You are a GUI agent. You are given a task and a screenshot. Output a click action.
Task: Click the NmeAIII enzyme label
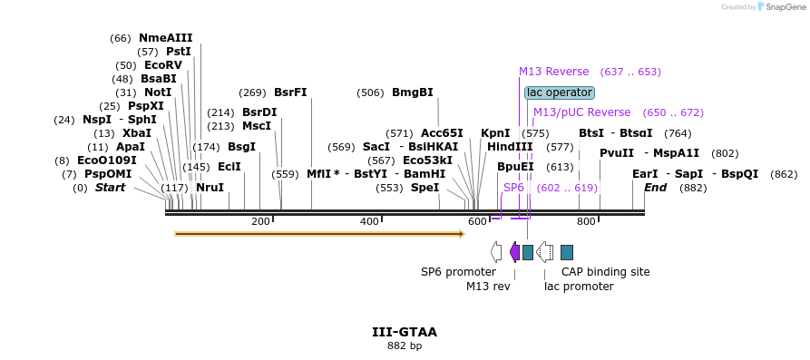click(165, 38)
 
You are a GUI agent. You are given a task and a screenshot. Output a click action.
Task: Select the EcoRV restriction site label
click(163, 65)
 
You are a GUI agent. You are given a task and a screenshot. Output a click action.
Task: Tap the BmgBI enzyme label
click(413, 93)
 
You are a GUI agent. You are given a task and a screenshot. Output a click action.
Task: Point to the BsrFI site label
click(290, 93)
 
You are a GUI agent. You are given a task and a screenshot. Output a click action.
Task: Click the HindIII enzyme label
click(510, 147)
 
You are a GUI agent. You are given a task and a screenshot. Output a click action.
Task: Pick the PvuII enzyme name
click(619, 153)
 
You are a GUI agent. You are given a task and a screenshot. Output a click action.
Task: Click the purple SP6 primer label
click(513, 188)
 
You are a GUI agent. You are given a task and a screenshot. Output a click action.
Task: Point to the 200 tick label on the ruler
click(260, 222)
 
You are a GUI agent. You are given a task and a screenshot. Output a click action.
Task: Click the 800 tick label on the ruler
click(586, 222)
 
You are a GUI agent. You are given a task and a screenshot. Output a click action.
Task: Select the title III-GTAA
click(405, 332)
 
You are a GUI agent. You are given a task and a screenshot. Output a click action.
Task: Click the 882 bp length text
click(405, 345)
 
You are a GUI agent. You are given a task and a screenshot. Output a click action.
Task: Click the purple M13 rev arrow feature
click(514, 252)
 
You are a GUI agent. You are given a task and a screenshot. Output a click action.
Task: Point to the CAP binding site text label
click(605, 272)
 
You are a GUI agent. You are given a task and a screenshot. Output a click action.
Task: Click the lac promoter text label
click(579, 287)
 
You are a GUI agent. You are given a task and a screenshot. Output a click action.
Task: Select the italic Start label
click(110, 188)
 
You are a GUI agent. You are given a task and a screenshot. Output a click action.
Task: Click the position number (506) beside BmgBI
click(370, 93)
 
